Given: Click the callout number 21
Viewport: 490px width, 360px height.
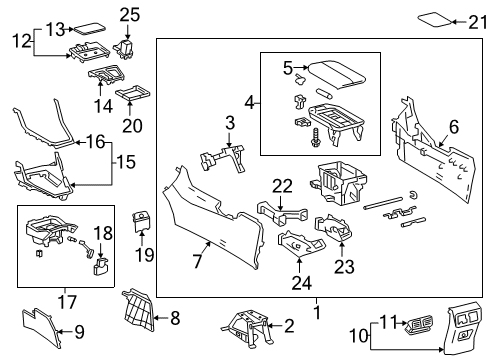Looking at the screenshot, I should pos(476,21).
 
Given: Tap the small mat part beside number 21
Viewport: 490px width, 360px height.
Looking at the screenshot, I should pos(432,17).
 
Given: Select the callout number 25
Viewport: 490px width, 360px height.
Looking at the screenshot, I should pos(128,14).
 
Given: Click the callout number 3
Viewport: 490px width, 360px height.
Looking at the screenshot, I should pos(230,122).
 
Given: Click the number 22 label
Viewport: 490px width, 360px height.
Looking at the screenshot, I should pos(282,185).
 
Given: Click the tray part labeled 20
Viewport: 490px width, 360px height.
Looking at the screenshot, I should pos(132,96).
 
